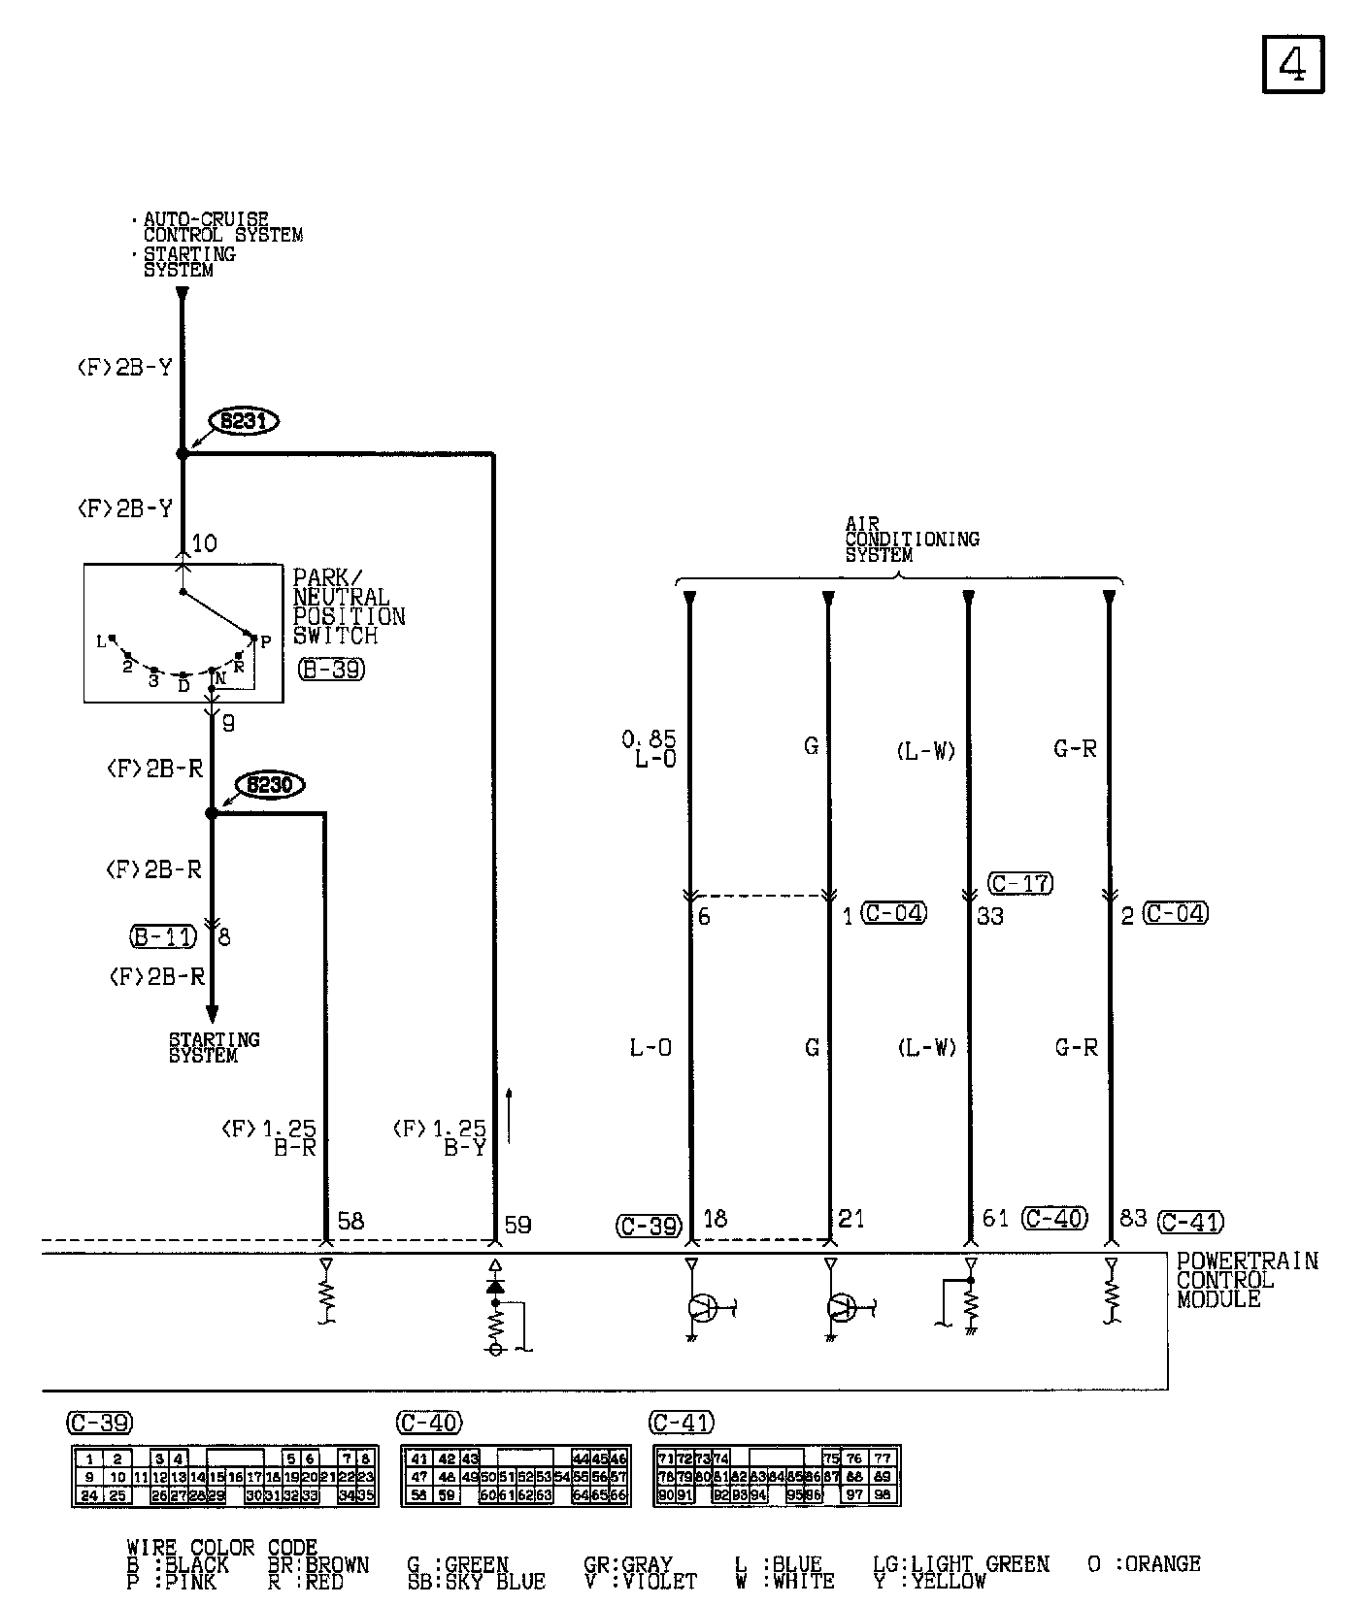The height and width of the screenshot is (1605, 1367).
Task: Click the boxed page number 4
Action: point(1293,65)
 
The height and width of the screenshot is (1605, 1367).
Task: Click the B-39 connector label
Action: point(331,669)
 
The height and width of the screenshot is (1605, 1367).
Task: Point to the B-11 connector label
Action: point(162,937)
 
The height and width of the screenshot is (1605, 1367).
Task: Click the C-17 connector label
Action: point(1020,883)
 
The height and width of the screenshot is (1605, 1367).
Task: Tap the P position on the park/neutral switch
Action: point(265,641)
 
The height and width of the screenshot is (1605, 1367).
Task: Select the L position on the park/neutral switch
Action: point(100,641)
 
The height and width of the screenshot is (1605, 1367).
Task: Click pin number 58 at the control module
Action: point(350,1221)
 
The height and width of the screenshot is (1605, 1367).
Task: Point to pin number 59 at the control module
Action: point(517,1225)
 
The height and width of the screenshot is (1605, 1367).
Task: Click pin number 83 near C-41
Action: point(1133,1218)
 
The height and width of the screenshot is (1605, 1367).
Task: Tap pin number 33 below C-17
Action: point(990,916)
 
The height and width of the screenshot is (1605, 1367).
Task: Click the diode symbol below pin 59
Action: point(495,1286)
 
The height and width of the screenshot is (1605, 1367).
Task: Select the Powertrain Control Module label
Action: point(1247,1280)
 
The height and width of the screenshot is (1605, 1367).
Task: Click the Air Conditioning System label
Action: point(911,539)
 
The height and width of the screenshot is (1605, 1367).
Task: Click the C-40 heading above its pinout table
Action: point(429,1423)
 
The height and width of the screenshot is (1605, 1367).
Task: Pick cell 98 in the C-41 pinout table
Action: point(882,1495)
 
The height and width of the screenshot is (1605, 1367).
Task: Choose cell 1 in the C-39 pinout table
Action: point(89,1458)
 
